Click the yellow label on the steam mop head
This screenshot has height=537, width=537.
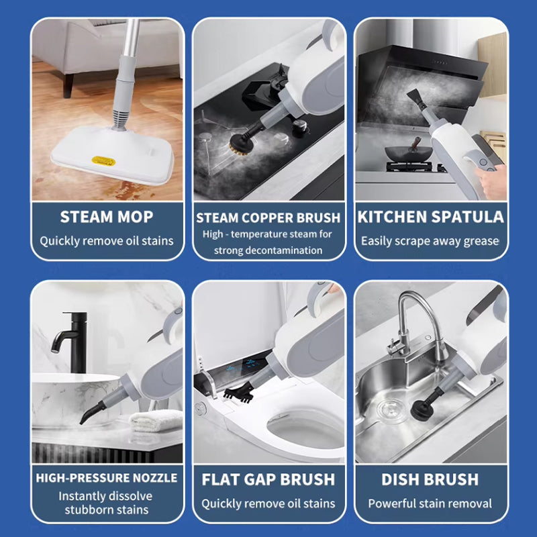click(x=103, y=160)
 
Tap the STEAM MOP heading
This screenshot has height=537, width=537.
click(x=107, y=217)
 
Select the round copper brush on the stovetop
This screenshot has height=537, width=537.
click(x=240, y=144)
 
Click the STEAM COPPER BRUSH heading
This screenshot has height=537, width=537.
click(x=268, y=217)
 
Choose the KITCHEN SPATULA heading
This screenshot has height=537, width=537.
click(x=430, y=217)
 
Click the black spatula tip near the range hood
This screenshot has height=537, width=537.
click(x=416, y=97)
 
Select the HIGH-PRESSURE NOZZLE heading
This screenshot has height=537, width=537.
click(x=107, y=478)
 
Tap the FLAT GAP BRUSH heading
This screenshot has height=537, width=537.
click(x=268, y=479)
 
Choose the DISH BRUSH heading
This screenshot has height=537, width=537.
click(x=430, y=479)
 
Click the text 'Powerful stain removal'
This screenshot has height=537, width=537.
click(x=430, y=503)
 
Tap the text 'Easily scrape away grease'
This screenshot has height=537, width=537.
click(x=430, y=241)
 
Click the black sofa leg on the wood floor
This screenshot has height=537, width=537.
click(x=68, y=86)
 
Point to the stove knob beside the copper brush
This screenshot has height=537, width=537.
click(x=300, y=127)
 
